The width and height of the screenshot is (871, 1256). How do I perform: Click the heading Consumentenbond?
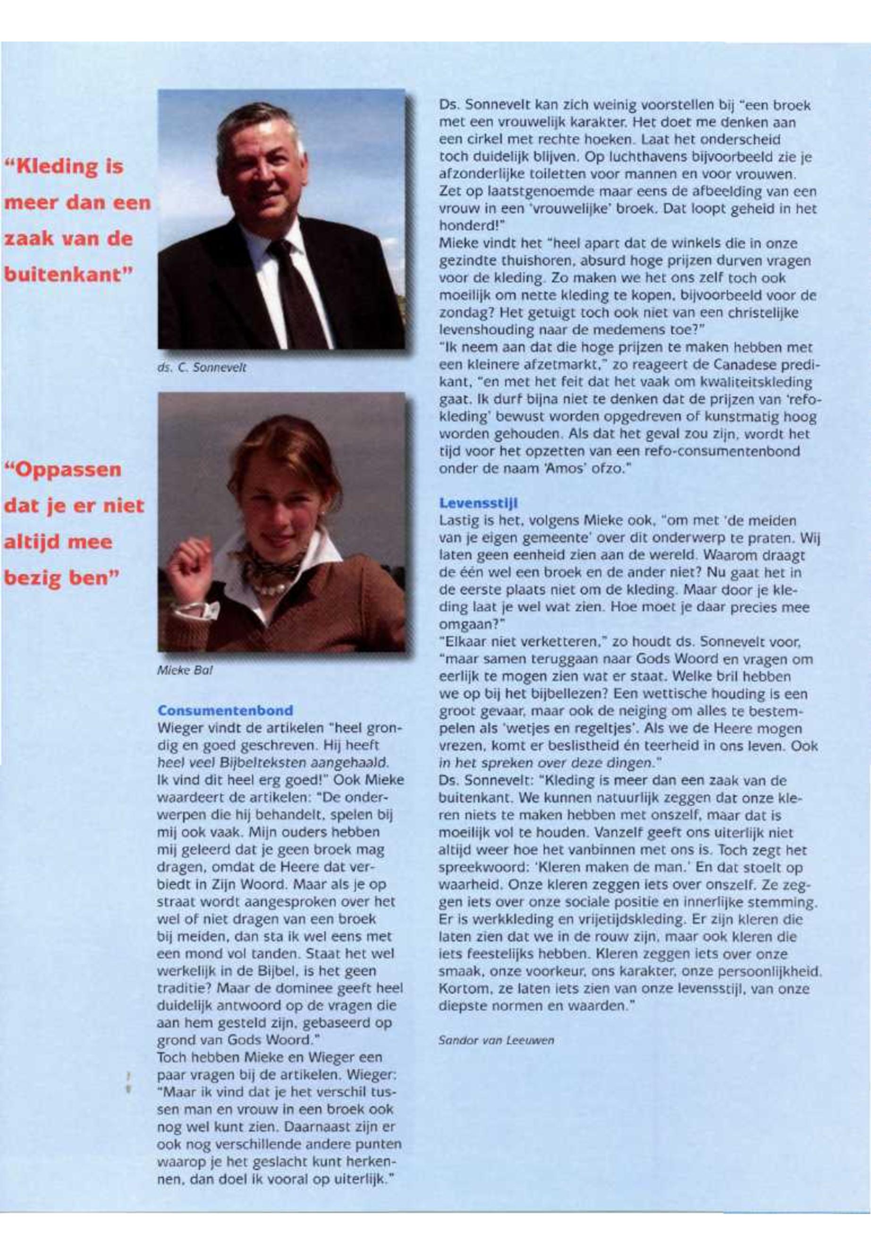tap(225, 710)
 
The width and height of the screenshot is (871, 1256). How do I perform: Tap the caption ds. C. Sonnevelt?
tap(202, 368)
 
